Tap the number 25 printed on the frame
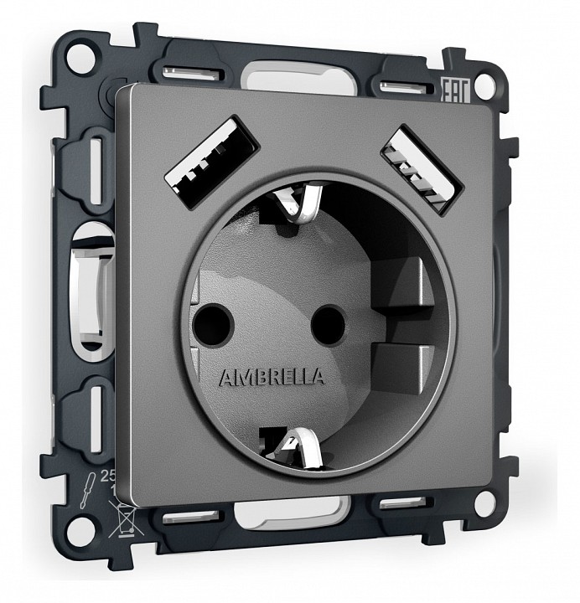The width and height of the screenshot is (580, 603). point(106,474)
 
